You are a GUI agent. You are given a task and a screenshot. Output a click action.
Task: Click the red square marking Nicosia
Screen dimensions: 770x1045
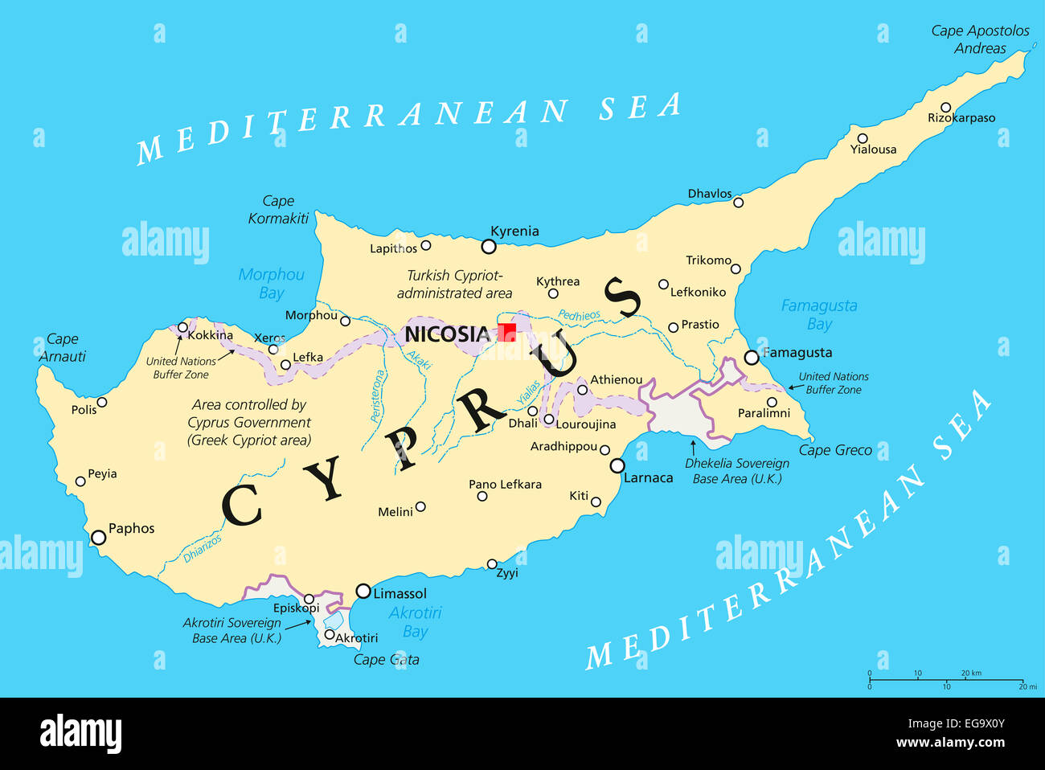506,332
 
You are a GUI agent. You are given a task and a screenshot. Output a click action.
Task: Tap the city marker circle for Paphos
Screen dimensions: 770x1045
98,537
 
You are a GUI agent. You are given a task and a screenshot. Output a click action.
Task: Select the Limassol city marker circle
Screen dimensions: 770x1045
363,592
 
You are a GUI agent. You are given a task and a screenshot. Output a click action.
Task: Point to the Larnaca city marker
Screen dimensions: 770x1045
617,465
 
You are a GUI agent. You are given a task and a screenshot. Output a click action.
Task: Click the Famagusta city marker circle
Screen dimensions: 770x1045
752,357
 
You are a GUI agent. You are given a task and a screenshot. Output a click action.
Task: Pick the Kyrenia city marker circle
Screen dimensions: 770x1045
489,246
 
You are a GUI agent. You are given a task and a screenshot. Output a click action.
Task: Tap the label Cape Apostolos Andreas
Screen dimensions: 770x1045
980,39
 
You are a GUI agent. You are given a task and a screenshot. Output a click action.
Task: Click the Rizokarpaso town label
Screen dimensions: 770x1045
961,118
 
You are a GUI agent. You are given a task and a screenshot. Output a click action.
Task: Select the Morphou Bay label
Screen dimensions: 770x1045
272,284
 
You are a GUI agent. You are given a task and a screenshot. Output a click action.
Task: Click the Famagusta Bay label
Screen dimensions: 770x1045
819,314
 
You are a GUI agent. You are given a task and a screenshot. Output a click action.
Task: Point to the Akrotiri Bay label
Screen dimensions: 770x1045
415,621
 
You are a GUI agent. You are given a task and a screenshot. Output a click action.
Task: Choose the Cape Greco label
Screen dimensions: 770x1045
835,450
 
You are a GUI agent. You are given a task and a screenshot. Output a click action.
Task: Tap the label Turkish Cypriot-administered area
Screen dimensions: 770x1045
454,285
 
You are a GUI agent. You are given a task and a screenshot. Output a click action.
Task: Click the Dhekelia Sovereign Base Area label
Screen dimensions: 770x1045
737,471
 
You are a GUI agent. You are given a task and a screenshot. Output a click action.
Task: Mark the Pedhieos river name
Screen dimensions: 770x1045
579,316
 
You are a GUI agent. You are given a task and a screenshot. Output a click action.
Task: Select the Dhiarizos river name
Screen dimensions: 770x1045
202,549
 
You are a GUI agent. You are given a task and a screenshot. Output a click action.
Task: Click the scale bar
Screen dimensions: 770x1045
946,680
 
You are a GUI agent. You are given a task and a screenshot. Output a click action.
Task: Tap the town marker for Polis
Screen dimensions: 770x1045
102,402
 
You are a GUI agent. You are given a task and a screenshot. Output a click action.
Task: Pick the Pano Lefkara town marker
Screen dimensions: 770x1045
482,496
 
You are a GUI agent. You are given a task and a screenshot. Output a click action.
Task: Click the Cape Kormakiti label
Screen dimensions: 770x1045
278,210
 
